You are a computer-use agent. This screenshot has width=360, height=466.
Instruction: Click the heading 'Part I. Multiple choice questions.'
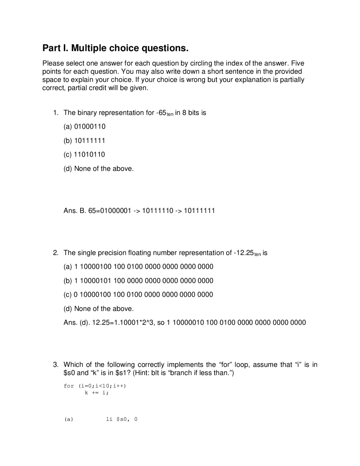coord(115,48)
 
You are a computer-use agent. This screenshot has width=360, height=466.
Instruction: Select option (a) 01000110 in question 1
coord(84,127)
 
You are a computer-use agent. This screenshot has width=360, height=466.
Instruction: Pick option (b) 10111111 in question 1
coord(84,141)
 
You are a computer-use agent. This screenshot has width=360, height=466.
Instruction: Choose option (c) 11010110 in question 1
coord(84,154)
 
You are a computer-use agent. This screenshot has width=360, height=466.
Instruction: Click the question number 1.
coord(56,113)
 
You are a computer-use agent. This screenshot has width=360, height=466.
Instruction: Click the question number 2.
coord(56,253)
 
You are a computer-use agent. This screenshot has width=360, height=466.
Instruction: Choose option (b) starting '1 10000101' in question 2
coord(138,281)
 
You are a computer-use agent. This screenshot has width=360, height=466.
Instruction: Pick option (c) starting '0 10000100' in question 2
coord(138,295)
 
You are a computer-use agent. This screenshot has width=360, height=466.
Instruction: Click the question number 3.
coord(56,365)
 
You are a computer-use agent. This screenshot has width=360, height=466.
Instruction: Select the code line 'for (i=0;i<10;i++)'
coord(95,386)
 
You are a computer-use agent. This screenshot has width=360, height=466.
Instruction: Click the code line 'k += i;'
coord(96,393)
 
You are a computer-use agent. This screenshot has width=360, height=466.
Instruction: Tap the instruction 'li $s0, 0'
coord(121,419)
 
